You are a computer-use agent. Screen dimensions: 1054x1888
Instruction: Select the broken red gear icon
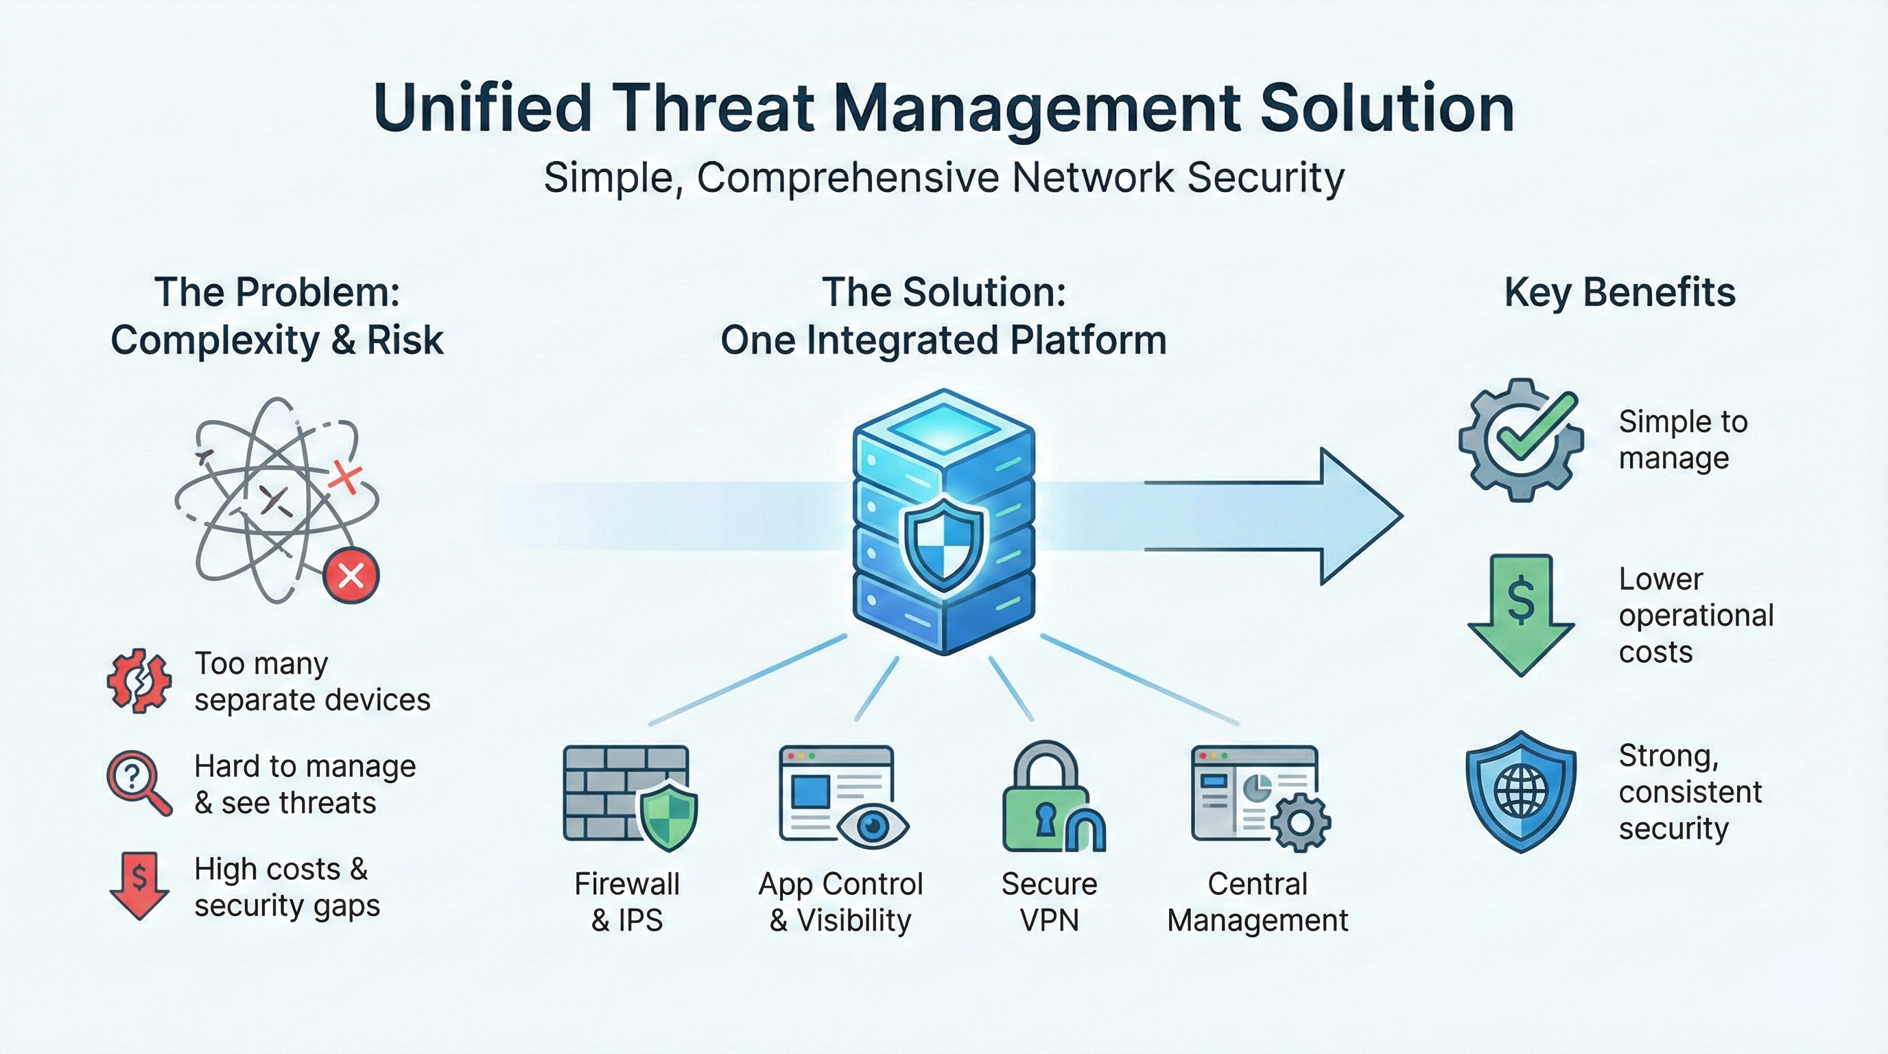pyautogui.click(x=139, y=681)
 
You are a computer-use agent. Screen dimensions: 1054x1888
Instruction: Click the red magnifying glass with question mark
pyautogui.click(x=138, y=782)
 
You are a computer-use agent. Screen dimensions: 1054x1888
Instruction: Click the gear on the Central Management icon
pyautogui.click(x=1300, y=822)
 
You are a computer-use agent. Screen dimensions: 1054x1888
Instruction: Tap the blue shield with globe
pyautogui.click(x=1520, y=791)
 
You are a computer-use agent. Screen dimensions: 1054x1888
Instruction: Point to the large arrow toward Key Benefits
pyautogui.click(x=1319, y=516)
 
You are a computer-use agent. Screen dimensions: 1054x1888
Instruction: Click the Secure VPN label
pyautogui.click(x=1049, y=902)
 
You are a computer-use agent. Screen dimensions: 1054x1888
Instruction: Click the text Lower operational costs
pyautogui.click(x=1695, y=615)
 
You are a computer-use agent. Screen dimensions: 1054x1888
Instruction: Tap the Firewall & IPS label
pyautogui.click(x=626, y=902)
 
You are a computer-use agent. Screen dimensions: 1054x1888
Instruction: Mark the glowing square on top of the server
pyautogui.click(x=943, y=430)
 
